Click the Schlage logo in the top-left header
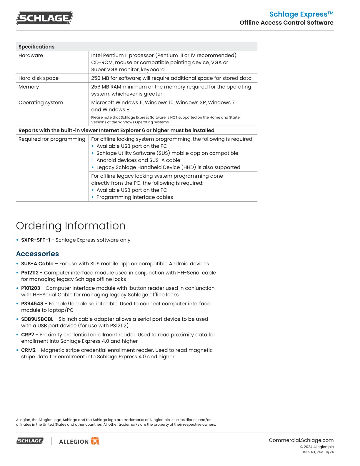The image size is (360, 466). [44, 18]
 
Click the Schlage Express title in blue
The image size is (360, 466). [301, 14]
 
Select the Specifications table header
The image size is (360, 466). [36, 47]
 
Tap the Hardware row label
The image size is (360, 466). [31, 55]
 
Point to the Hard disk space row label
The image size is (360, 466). [39, 78]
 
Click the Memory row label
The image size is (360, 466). [29, 87]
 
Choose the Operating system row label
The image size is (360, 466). [41, 102]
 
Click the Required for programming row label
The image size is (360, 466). [52, 139]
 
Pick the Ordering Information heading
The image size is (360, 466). [71, 226]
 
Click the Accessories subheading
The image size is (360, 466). [37, 254]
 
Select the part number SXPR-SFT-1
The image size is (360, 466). [36, 240]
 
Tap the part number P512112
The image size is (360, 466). [30, 273]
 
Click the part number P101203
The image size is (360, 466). [31, 288]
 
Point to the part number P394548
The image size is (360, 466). [32, 304]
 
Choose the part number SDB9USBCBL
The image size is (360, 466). [37, 319]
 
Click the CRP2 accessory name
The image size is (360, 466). [28, 334]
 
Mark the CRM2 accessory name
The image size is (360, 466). [28, 350]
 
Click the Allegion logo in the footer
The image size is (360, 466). [79, 441]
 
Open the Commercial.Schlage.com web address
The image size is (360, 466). [301, 440]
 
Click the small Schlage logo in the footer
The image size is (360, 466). [30, 441]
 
